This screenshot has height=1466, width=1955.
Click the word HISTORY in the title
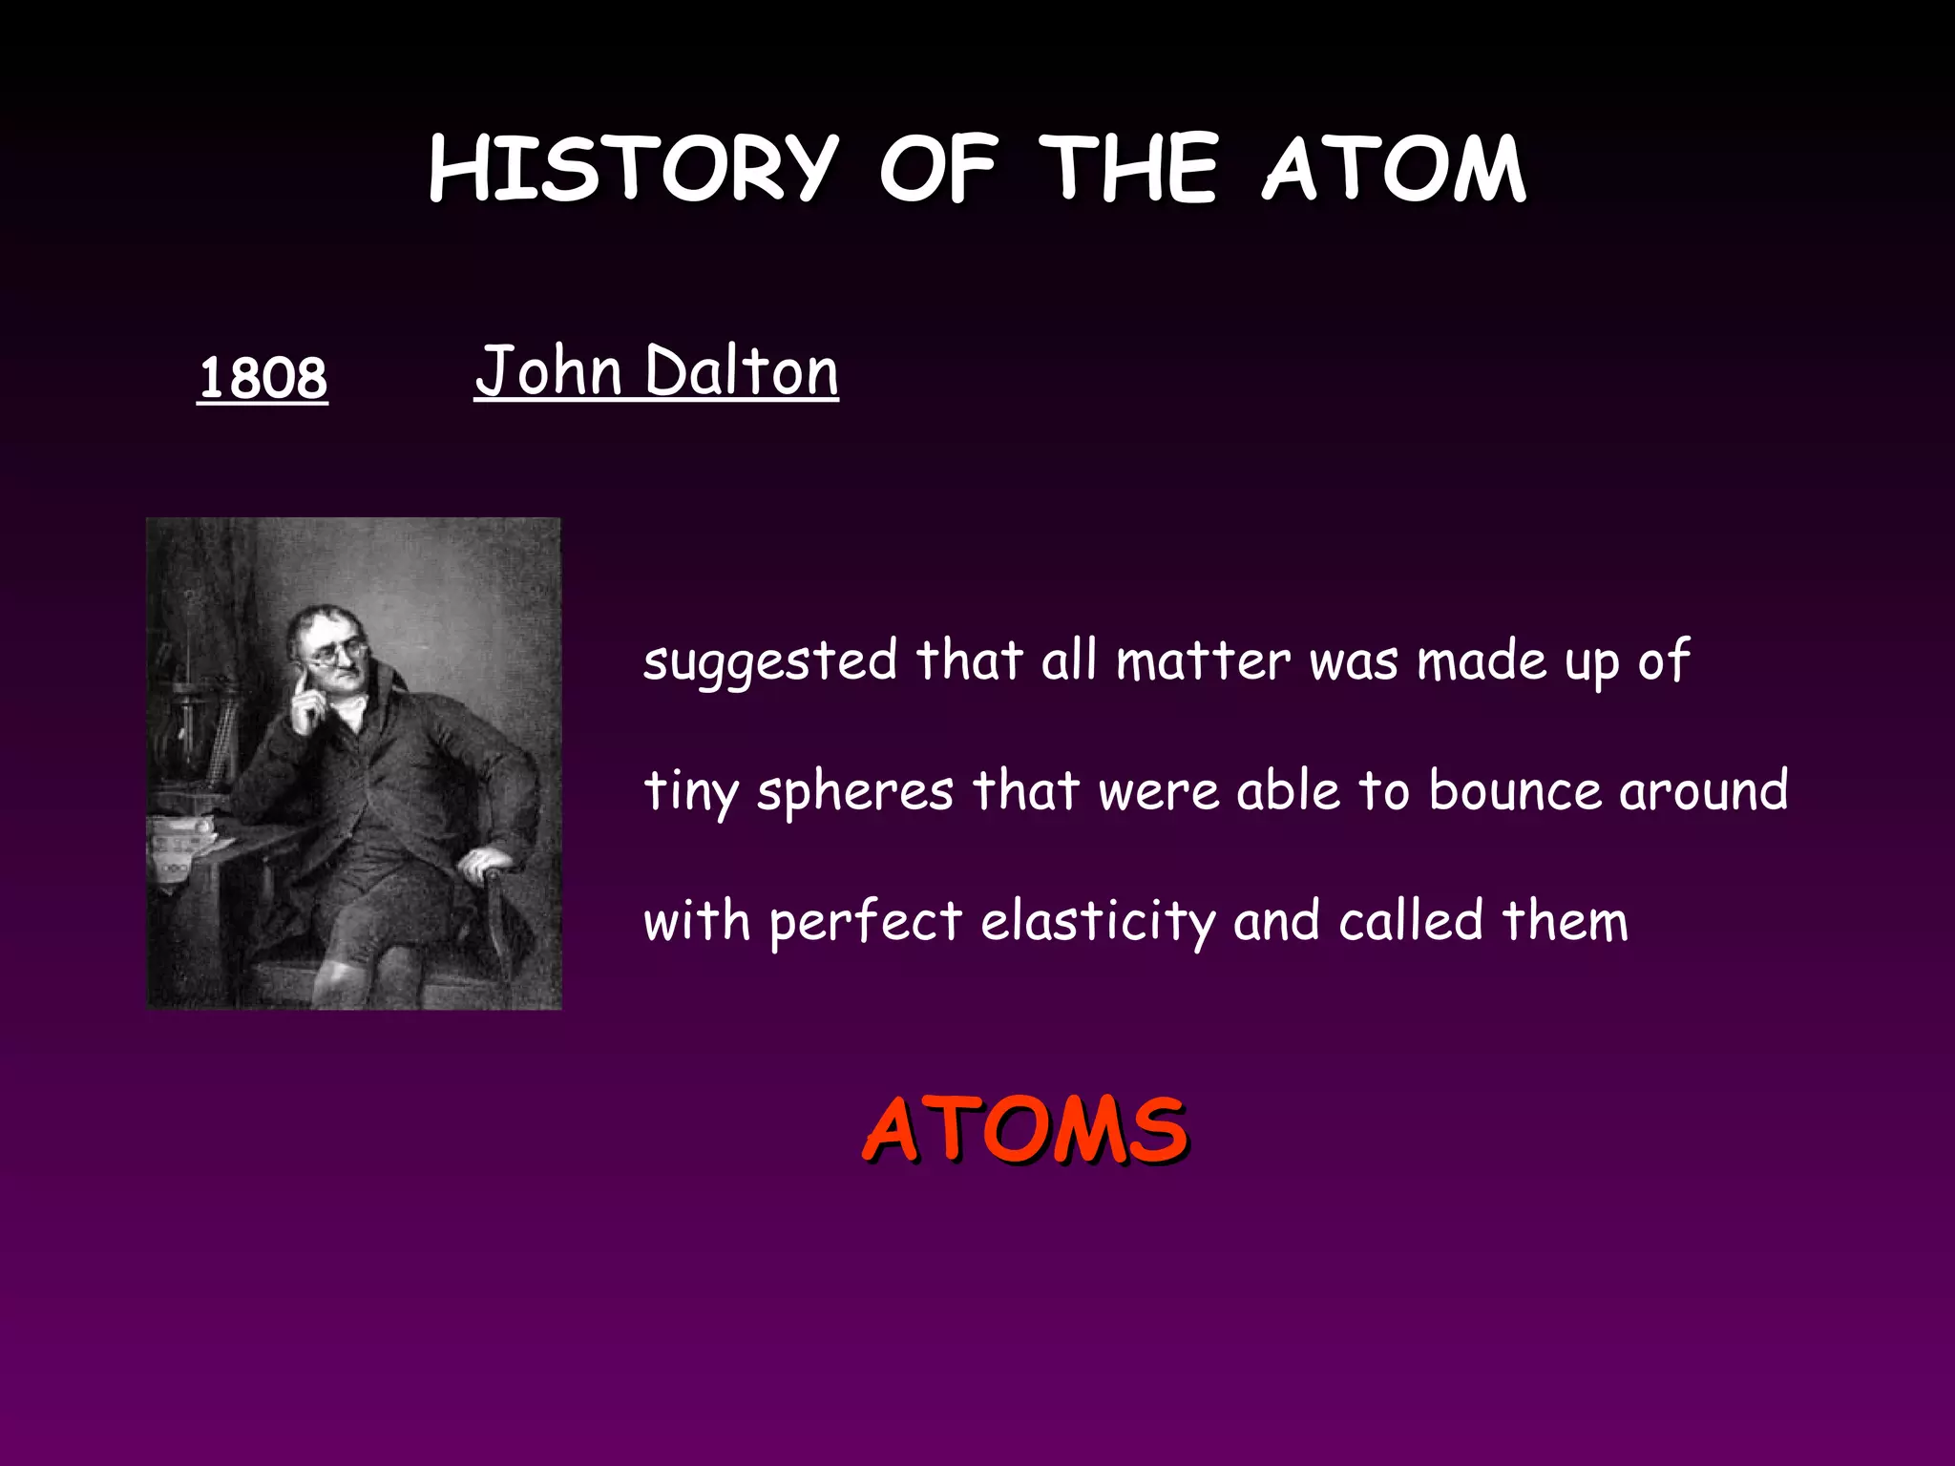[633, 169]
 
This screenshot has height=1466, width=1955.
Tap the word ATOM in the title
[1394, 169]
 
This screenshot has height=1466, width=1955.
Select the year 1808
[263, 378]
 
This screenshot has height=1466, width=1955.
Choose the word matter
[1203, 660]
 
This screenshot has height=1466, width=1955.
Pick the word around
[1703, 790]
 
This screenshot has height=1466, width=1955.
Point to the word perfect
[865, 922]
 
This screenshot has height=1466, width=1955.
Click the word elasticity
[1098, 922]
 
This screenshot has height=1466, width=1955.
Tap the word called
[1410, 920]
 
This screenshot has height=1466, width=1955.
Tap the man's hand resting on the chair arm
[482, 865]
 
